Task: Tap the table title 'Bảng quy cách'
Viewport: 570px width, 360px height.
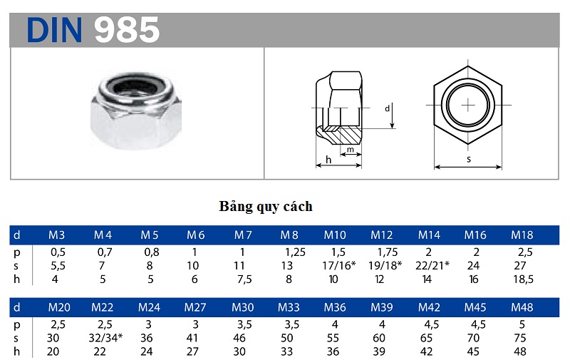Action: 265,207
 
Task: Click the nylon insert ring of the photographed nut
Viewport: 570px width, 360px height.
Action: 134,88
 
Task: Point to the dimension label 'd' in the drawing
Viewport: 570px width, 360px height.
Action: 387,109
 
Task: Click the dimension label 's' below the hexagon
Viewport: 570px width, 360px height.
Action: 468,160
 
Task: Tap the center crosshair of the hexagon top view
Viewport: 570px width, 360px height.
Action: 468,106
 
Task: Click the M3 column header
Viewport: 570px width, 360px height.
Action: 57,235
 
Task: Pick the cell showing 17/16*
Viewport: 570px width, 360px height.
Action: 336,265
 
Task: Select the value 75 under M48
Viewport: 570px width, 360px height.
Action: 522,338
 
